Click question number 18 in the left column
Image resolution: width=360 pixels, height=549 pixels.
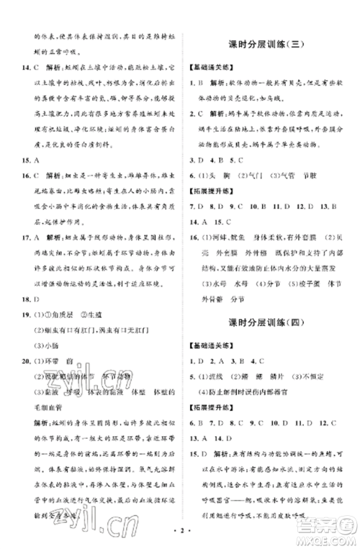click(27, 283)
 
